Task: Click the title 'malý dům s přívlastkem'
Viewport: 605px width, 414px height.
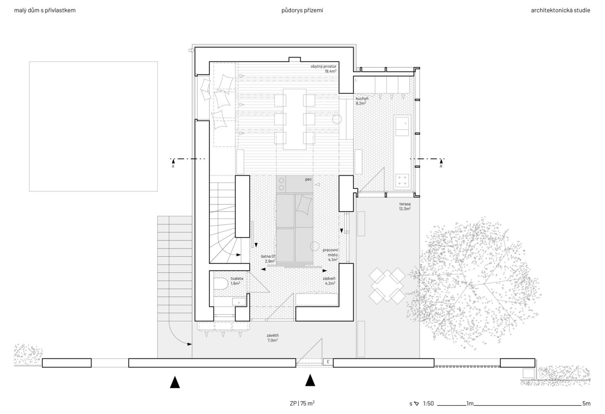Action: [x=45, y=10]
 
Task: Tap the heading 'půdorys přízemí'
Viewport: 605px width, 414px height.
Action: [x=302, y=10]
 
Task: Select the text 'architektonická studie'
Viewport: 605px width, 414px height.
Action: [x=561, y=10]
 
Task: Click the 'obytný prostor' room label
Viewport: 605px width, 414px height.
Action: [x=323, y=66]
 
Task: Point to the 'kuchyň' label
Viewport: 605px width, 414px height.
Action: [x=362, y=98]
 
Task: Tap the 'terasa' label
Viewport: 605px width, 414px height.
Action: [x=405, y=204]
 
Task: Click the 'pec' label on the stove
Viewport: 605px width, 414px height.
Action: [x=309, y=179]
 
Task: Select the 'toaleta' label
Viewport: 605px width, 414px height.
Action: [x=237, y=278]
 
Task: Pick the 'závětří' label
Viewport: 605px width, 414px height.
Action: [x=273, y=335]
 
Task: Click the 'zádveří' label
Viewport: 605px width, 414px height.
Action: [x=329, y=278]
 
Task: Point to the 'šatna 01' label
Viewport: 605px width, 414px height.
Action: [x=268, y=256]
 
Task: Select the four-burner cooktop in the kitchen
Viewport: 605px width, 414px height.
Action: [x=403, y=181]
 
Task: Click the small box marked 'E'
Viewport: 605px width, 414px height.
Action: [x=328, y=362]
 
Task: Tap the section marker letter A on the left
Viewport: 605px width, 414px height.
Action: [x=173, y=167]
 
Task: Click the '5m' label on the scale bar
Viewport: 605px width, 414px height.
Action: [x=586, y=404]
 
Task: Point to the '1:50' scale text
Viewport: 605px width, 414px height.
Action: [x=428, y=404]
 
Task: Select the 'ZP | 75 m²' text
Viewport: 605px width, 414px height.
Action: [x=302, y=403]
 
